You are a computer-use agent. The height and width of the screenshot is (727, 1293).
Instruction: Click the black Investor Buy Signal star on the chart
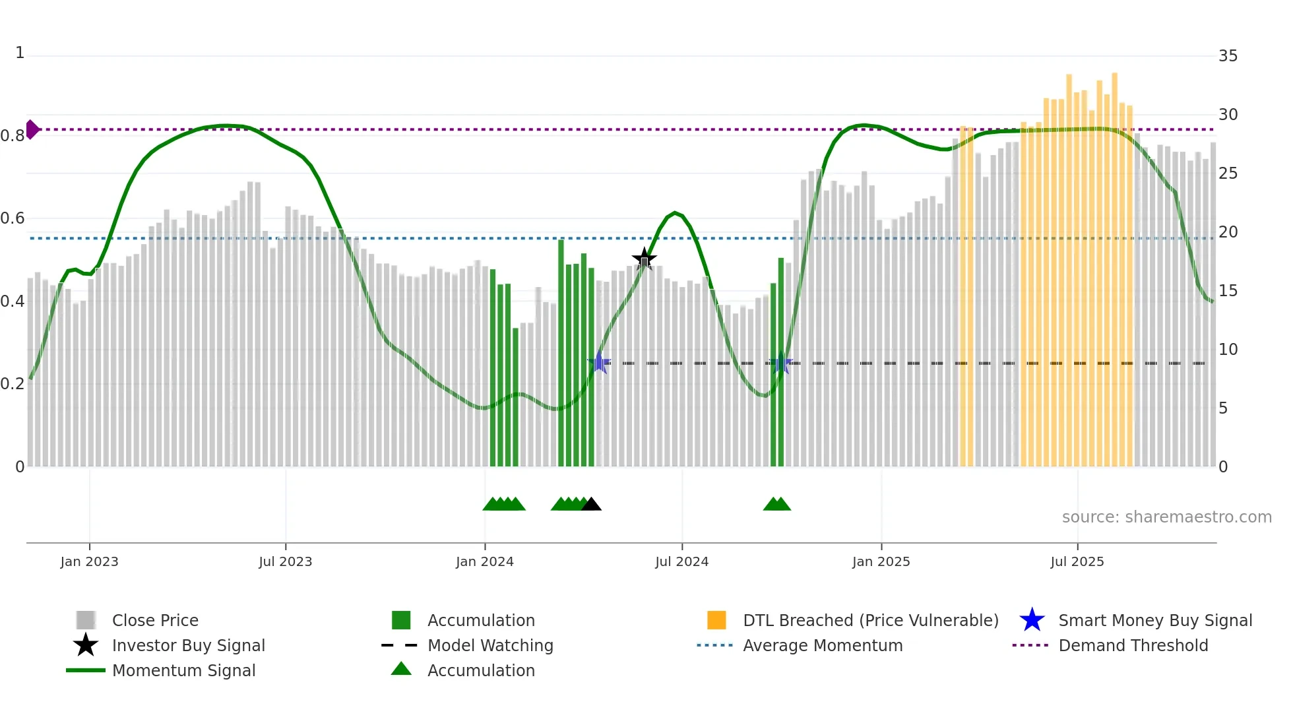click(x=644, y=259)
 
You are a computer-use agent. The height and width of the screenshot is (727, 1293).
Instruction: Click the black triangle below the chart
click(x=591, y=505)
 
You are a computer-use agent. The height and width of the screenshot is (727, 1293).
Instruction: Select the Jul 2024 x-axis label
click(x=681, y=561)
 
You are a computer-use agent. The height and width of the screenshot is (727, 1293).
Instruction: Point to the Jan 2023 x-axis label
click(x=89, y=561)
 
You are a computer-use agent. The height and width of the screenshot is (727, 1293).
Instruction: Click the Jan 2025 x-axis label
click(x=881, y=561)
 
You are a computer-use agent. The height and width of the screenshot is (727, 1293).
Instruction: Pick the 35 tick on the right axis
click(x=1228, y=56)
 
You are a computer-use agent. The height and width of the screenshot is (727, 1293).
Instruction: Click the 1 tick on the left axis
click(x=20, y=53)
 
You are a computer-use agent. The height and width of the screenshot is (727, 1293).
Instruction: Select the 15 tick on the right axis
click(x=1228, y=291)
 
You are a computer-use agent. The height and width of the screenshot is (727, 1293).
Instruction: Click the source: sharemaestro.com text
click(x=1166, y=517)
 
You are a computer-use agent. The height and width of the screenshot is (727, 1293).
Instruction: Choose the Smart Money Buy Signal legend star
click(x=1032, y=620)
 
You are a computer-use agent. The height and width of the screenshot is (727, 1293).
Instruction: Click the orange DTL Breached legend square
click(x=716, y=620)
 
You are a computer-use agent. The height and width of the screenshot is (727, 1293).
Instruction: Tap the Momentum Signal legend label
click(x=183, y=670)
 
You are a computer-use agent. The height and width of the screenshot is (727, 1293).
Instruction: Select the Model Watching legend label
click(x=490, y=645)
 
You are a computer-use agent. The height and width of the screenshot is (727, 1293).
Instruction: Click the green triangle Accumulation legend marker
click(x=401, y=669)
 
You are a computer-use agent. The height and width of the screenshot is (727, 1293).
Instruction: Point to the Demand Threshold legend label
click(x=1133, y=645)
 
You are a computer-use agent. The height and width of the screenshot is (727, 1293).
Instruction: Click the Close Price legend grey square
click(x=86, y=620)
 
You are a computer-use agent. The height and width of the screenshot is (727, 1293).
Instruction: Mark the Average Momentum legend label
click(x=823, y=645)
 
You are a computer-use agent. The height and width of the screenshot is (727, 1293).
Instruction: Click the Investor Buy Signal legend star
click(x=86, y=645)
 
